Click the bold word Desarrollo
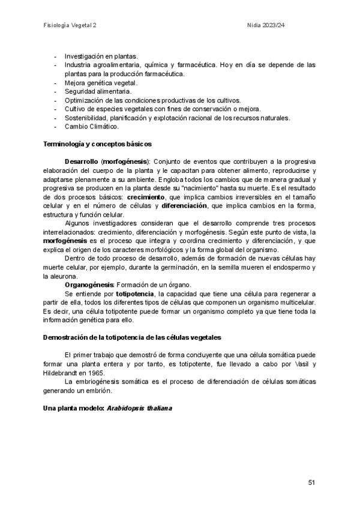point(82,161)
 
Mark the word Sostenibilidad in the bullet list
point(86,118)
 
